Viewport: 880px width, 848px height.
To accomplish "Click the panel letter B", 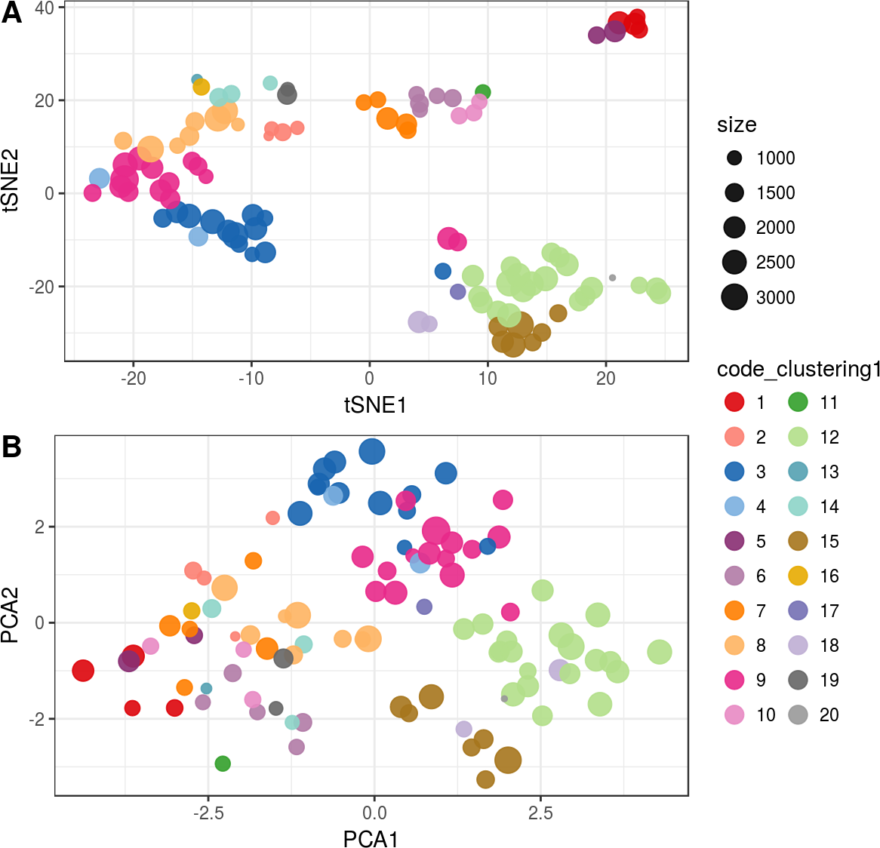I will (x=11, y=447).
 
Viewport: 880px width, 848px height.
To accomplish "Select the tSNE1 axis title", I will (x=375, y=406).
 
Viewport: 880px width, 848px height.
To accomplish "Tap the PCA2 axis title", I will (x=11, y=616).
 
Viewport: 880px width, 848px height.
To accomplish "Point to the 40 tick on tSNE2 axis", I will (x=45, y=8).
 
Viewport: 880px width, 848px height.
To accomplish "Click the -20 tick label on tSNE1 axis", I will (x=134, y=379).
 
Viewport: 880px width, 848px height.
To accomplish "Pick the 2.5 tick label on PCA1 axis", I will (x=540, y=813).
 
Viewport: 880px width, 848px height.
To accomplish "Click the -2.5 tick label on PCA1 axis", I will (x=208, y=813).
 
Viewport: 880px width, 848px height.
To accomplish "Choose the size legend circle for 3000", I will (x=734, y=297).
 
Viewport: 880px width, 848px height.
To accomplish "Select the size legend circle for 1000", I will (x=734, y=158).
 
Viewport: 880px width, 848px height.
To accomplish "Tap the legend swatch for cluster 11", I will (x=798, y=403).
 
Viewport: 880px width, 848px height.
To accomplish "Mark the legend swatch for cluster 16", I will (x=798, y=576).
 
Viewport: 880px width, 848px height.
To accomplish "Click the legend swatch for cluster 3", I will (x=734, y=472).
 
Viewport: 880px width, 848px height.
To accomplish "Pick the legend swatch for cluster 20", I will (x=798, y=715).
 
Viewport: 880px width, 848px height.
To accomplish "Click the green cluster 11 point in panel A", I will (x=483, y=92).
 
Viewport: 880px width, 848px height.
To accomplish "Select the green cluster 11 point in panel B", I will (x=223, y=764).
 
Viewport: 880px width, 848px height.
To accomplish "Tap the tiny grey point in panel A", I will (x=612, y=278).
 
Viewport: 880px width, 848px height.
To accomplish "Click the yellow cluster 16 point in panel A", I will (x=201, y=88).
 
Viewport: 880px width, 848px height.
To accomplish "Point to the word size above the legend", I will (x=737, y=125).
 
